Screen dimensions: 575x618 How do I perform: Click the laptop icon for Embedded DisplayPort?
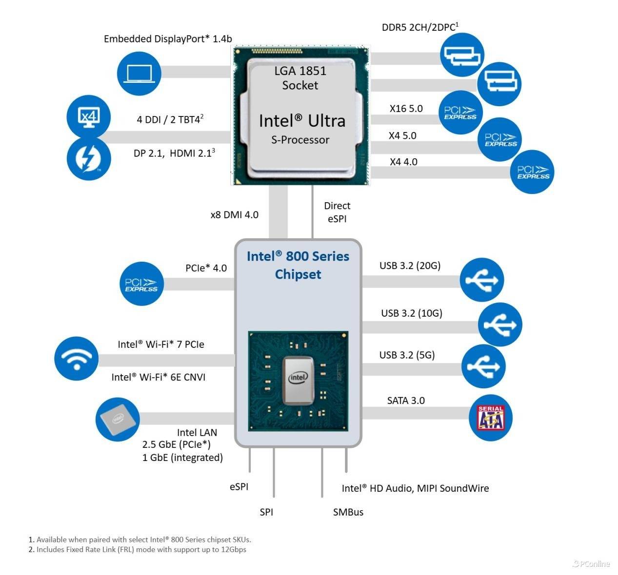[x=139, y=74]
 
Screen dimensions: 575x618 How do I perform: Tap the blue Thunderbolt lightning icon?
[x=89, y=158]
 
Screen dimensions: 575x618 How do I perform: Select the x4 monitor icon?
[x=89, y=117]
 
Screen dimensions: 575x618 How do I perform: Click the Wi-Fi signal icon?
[x=77, y=360]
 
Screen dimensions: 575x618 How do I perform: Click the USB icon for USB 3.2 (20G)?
[x=482, y=280]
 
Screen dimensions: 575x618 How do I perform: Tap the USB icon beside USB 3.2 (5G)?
[x=483, y=366]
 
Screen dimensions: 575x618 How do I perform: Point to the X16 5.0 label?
[x=406, y=109]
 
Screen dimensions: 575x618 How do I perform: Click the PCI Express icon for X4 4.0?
[x=533, y=172]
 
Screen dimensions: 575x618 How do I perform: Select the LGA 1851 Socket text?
[x=300, y=78]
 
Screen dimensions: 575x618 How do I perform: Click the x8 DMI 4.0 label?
[x=234, y=215]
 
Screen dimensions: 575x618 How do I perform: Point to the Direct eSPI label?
[x=337, y=212]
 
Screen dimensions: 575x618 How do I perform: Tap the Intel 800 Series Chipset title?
[x=298, y=265]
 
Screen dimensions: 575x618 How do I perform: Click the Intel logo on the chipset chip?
[x=298, y=377]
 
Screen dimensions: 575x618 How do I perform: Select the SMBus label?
[x=348, y=512]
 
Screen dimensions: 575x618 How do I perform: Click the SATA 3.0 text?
[x=406, y=401]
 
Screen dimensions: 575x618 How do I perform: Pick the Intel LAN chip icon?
[x=118, y=419]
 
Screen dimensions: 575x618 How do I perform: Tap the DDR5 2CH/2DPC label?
[x=420, y=27]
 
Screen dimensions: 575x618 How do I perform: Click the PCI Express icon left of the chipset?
[x=141, y=284]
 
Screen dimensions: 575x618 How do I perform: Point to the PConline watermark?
[x=591, y=564]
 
